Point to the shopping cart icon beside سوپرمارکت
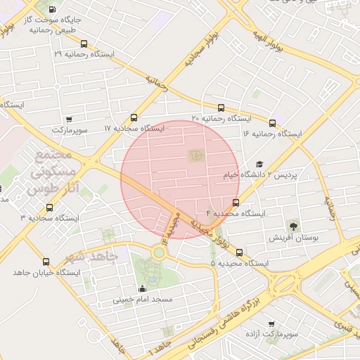pos(68,120)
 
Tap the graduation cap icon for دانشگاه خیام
pos(259,163)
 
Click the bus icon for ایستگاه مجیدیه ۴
pos(236,202)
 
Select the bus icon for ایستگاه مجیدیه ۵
pos(240,252)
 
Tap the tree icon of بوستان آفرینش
pos(293,226)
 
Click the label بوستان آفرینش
pos(295,238)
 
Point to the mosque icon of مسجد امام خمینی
pos(143,288)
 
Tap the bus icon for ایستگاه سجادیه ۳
pos(49,207)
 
